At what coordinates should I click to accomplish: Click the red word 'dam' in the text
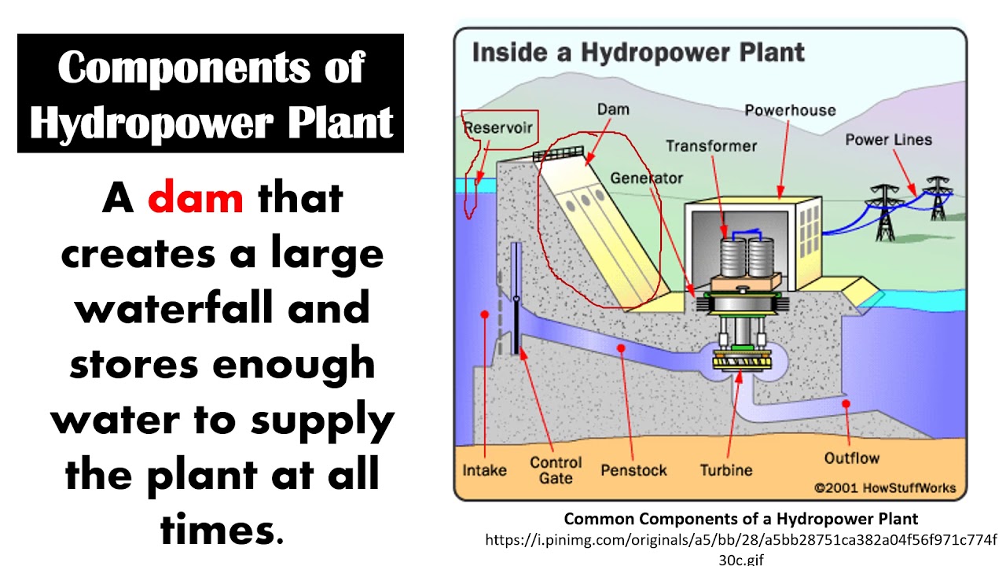[x=195, y=198]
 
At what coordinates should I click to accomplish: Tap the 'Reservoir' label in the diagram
[x=498, y=127]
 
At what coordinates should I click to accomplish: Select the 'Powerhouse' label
[x=790, y=110]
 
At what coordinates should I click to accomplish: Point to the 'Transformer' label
[x=711, y=146]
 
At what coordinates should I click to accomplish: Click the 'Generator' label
[x=647, y=178]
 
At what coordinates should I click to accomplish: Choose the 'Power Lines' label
[x=888, y=140]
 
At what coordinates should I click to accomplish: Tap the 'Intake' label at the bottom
[x=484, y=471]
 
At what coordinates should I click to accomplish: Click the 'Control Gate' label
[x=556, y=470]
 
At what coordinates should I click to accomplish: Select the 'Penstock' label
[x=633, y=471]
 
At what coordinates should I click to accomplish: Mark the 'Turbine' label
[x=726, y=471]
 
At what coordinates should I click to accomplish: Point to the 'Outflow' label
[x=851, y=458]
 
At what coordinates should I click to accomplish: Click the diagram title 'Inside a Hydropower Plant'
[x=637, y=53]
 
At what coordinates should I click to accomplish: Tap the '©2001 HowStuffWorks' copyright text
[x=885, y=488]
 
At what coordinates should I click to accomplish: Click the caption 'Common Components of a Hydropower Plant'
[x=741, y=519]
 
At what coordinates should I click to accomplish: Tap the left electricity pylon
[x=885, y=211]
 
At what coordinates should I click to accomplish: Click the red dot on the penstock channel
[x=621, y=347]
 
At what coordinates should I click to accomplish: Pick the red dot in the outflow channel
[x=846, y=404]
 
